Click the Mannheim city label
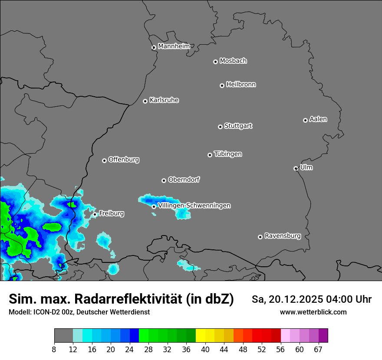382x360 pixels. (174, 46)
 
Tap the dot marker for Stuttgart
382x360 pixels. (220, 127)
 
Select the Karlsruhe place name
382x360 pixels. (164, 100)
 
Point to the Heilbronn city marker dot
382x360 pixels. (222, 85)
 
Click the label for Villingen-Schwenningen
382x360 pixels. (194, 206)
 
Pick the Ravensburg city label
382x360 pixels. (282, 236)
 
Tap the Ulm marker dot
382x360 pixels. (296, 168)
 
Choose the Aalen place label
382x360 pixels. (318, 119)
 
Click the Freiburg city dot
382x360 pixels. (95, 214)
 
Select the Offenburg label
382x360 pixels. (123, 160)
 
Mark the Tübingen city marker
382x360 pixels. (210, 155)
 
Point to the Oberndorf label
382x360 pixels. (184, 180)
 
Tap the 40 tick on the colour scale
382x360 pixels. (205, 350)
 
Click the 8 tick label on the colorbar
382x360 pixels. (54, 350)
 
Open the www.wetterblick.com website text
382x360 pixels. (313, 312)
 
